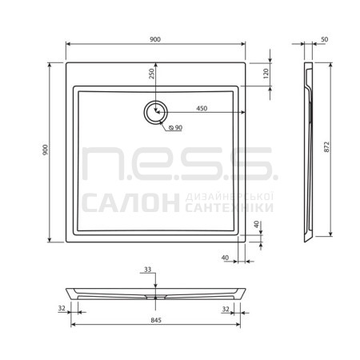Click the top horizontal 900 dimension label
(155, 39)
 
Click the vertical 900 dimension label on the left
(45, 150)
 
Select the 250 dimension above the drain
(151, 74)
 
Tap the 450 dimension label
(202, 108)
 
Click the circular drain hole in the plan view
(156, 112)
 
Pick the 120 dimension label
(266, 74)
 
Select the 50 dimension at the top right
(324, 39)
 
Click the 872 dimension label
(326, 147)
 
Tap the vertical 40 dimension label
(257, 224)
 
